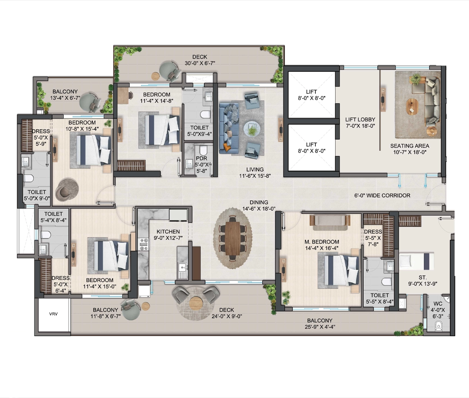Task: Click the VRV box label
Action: pos(53,314)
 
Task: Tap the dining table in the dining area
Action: pos(233,238)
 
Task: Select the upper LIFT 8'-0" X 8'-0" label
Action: pos(311,95)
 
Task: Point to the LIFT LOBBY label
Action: pos(360,120)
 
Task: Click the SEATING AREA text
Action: pos(410,146)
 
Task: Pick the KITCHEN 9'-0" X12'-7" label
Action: pos(168,235)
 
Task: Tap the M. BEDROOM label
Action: pos(322,242)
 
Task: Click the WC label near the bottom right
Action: pos(438,304)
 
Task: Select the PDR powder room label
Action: pos(201,158)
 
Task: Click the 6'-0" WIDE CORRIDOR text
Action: pos(382,195)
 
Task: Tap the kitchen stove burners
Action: pos(144,244)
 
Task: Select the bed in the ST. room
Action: pos(416,261)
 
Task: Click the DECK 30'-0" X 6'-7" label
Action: pos(200,60)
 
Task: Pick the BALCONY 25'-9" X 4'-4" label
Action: pos(320,324)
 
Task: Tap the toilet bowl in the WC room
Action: pos(438,325)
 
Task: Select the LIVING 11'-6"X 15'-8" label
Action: pos(255,172)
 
